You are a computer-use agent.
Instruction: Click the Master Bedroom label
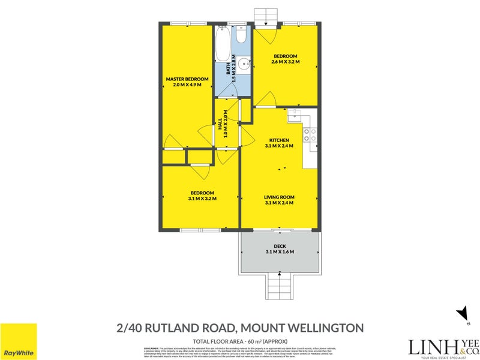click(187, 79)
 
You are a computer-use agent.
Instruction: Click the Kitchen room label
click(278, 139)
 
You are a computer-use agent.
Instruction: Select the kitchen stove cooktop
click(310, 136)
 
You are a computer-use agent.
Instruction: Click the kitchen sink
click(296, 116)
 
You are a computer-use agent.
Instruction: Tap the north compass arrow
click(462, 314)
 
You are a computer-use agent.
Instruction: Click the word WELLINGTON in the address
click(328, 328)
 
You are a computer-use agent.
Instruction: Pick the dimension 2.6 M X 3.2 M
click(286, 62)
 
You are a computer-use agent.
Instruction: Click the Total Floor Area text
click(239, 340)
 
